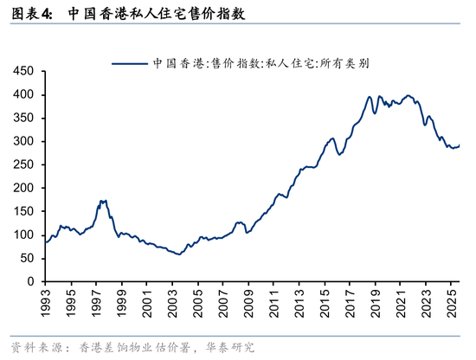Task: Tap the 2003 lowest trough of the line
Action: tap(178, 254)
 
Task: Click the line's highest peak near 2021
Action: tap(408, 95)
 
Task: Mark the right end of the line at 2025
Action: tap(459, 145)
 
